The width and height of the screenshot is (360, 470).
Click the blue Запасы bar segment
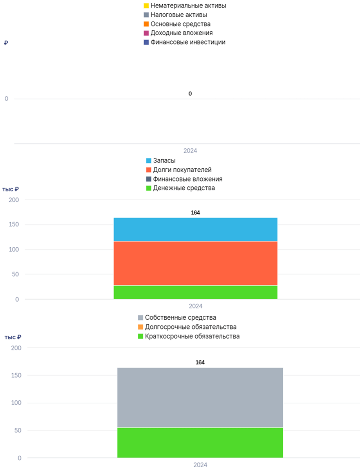195,229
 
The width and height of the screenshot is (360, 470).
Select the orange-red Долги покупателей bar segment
195,263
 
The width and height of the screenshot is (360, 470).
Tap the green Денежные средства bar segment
195,292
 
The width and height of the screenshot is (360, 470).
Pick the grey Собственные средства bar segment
200,397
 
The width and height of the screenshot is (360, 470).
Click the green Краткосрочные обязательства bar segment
200,443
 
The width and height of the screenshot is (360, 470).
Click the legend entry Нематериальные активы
185,5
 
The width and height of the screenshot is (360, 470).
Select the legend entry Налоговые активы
175,15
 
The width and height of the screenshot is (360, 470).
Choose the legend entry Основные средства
177,24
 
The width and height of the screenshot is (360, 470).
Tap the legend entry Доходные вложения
178,33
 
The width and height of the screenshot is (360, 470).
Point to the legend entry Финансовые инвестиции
184,42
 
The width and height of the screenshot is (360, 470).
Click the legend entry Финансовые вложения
184,179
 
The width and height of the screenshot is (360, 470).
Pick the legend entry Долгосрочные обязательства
187,327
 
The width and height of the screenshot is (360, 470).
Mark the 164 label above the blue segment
195,212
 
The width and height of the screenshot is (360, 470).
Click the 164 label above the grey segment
200,362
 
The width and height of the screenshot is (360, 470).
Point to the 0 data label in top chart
190,94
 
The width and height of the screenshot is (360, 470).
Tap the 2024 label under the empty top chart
190,151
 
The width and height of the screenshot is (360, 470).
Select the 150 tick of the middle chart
14,224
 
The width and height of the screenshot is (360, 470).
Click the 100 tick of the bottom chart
16,403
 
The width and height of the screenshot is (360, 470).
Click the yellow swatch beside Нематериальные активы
146,5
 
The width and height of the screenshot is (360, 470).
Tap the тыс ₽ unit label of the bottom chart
13,337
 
